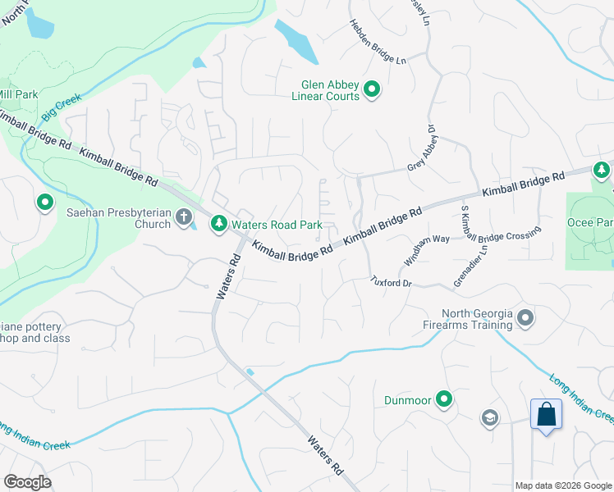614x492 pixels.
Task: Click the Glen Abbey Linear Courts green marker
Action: [371, 89]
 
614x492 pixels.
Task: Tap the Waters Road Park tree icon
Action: [219, 222]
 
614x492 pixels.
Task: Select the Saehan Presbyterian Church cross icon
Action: [184, 218]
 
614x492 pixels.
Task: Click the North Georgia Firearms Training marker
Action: [526, 317]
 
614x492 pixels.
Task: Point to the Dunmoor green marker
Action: [444, 400]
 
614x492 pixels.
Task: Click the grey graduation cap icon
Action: [490, 418]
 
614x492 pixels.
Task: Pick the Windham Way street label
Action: [427, 250]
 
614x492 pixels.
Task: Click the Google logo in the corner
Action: [27, 482]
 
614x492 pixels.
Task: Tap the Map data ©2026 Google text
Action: [564, 485]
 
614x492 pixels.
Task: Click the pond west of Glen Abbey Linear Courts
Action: [296, 41]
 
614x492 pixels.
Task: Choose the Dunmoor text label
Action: [407, 401]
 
